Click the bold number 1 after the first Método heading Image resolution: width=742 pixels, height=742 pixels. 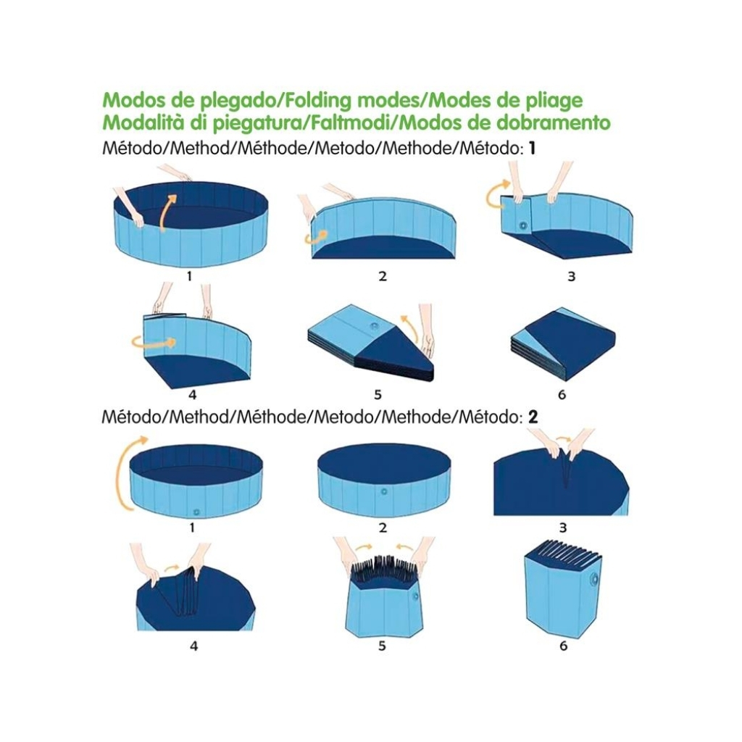click(532, 149)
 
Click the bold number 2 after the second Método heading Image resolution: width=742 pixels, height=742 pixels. click(533, 417)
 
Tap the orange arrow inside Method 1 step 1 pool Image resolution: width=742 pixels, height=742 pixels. click(166, 213)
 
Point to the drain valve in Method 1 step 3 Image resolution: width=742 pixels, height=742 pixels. click(523, 226)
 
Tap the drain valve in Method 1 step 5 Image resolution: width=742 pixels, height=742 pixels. click(375, 327)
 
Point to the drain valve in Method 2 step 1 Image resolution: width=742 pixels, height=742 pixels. click(197, 512)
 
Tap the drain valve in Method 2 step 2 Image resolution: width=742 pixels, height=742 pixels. click(384, 492)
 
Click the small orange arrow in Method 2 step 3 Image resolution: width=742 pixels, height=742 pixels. click(562, 439)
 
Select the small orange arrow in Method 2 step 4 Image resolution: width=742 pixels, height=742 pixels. click(172, 567)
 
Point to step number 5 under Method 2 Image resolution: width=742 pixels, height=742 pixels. click(382, 646)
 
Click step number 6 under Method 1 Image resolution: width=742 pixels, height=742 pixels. click(562, 394)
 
